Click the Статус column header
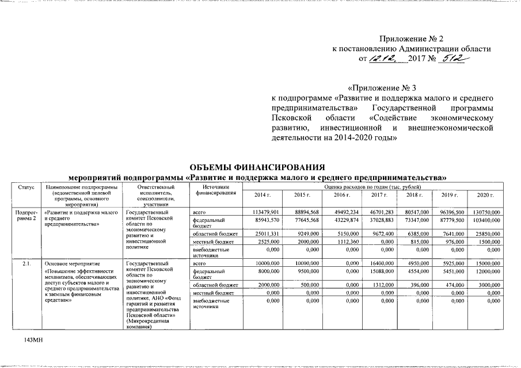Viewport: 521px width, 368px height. pyautogui.click(x=26, y=187)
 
